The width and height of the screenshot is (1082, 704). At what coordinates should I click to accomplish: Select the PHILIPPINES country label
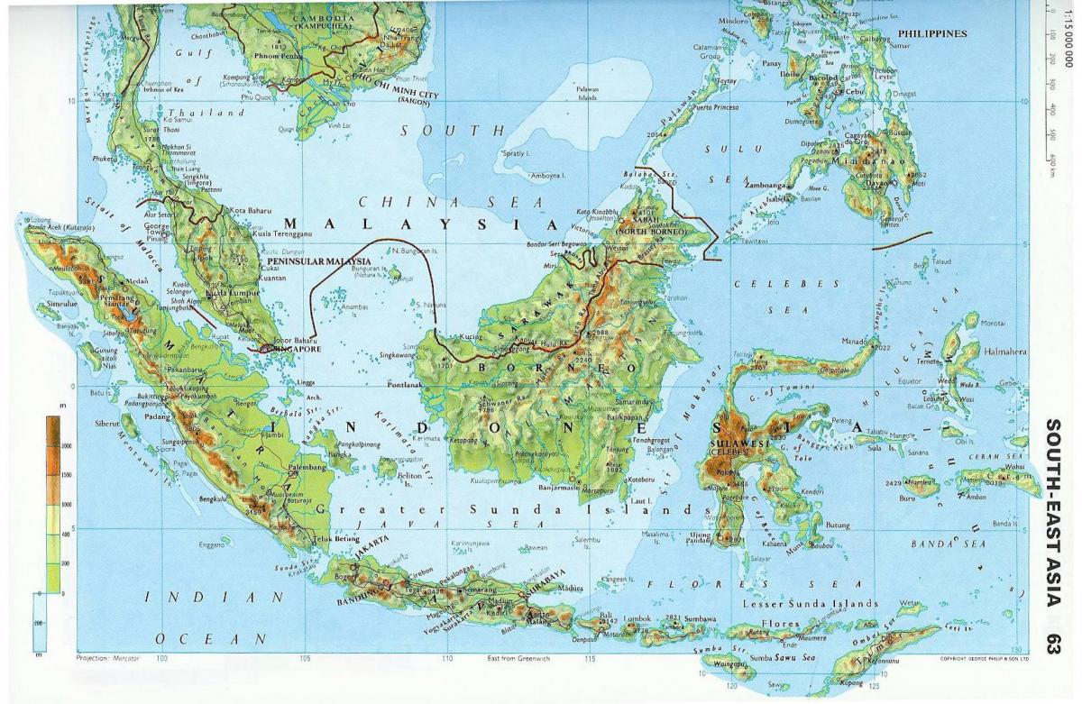pyautogui.click(x=932, y=33)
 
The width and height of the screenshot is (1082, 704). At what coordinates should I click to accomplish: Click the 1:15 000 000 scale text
pyautogui.click(x=1069, y=37)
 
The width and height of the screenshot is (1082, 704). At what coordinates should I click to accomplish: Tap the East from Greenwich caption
pyautogui.click(x=518, y=659)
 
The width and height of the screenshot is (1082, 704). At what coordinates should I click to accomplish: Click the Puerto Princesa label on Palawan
pyautogui.click(x=714, y=107)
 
